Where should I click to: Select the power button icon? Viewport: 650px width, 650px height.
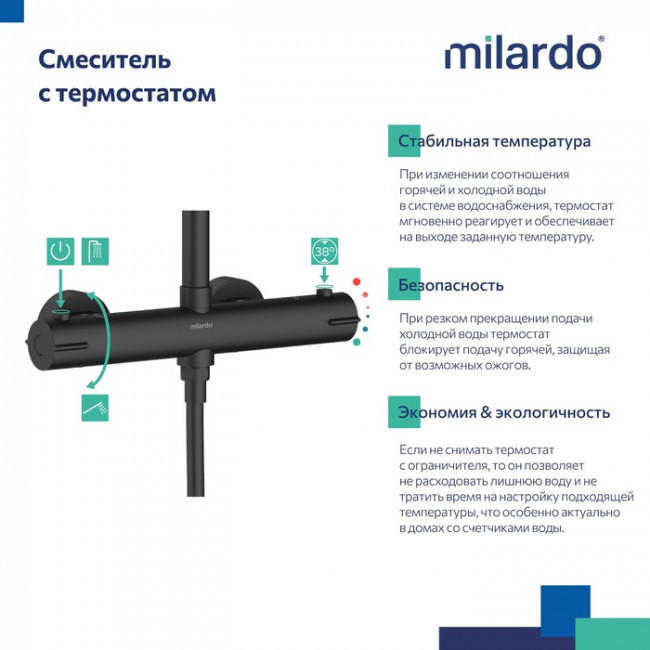click(x=61, y=251)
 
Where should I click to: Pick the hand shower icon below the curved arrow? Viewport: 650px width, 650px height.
click(x=96, y=407)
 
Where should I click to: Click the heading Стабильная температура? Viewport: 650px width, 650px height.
click(x=494, y=141)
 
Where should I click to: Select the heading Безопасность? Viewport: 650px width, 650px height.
click(x=450, y=285)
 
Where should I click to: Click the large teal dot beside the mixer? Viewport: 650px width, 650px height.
click(x=358, y=340)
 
